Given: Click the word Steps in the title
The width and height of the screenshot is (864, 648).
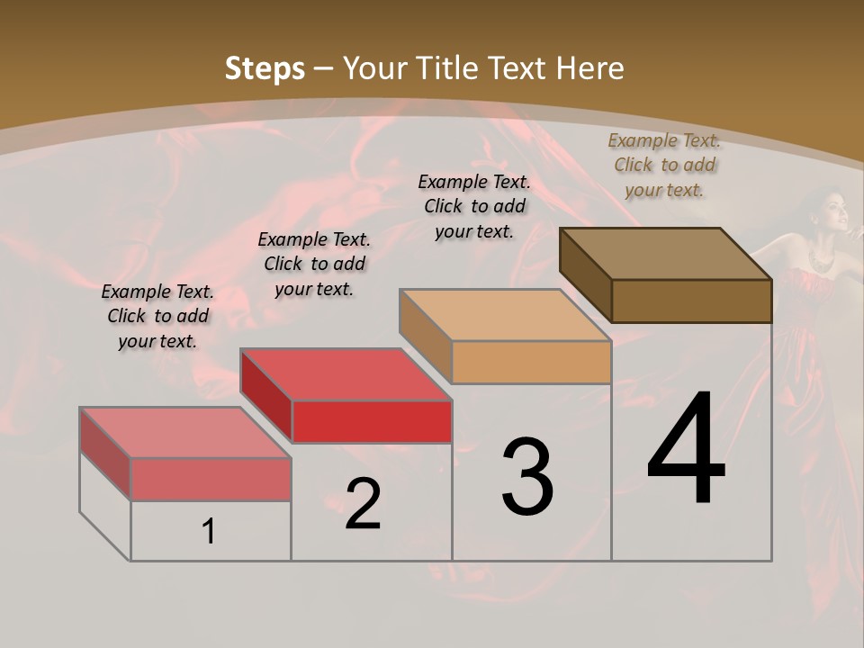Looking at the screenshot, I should [265, 68].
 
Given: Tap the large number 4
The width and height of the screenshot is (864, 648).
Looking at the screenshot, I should [686, 450].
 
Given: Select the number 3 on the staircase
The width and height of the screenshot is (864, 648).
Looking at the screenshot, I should [527, 477].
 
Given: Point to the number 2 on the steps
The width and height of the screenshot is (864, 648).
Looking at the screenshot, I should [363, 505].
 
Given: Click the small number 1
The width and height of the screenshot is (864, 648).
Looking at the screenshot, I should [209, 532].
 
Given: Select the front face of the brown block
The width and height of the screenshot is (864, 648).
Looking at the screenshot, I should [691, 301].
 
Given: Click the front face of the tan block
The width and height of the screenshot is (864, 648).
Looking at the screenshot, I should [531, 363].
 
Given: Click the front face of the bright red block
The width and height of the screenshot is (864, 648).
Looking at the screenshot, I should [372, 421].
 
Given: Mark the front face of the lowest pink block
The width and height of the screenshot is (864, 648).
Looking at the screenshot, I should [211, 479].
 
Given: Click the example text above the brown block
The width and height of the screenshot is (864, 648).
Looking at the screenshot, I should [664, 165].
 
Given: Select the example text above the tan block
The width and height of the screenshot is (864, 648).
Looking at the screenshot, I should [474, 206].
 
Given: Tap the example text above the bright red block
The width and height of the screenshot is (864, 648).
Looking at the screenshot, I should [314, 264].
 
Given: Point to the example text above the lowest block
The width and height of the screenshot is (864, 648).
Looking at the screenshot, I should [157, 316].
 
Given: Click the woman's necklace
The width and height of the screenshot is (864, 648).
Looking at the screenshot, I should [820, 259].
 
